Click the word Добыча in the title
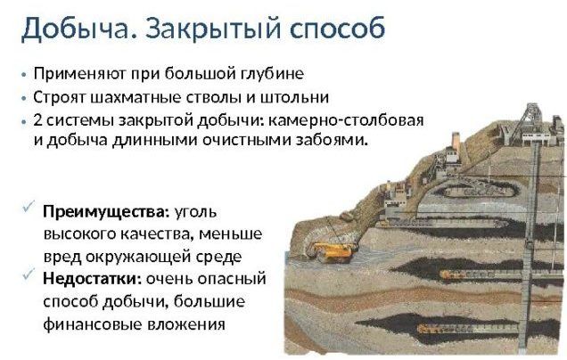[75, 29]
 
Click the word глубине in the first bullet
[272, 74]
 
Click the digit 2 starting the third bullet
[38, 120]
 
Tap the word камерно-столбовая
[346, 120]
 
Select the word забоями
[332, 140]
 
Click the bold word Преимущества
[106, 212]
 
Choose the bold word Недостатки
[92, 279]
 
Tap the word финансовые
[92, 324]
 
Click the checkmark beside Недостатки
[29, 274]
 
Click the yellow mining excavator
[333, 251]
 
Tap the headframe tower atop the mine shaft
[530, 123]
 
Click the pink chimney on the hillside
[456, 142]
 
